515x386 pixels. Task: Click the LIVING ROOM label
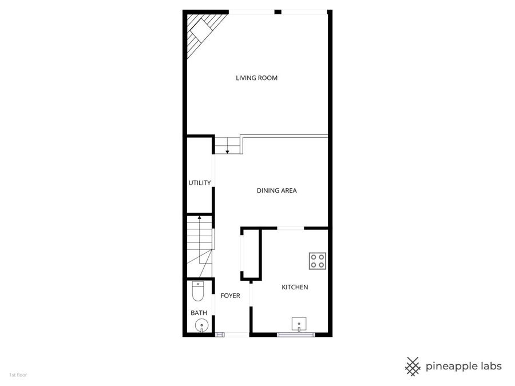(256, 78)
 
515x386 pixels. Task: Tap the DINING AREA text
(276, 191)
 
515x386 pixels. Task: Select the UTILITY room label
(200, 183)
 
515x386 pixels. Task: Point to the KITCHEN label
(295, 287)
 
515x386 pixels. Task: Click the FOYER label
(230, 296)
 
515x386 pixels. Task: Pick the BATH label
(199, 313)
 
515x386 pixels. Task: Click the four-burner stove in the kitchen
(318, 261)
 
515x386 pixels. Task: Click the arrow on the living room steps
(227, 151)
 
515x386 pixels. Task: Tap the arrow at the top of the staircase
(199, 217)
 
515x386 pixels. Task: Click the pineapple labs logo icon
(413, 366)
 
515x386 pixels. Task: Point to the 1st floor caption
(18, 375)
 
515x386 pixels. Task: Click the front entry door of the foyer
(232, 335)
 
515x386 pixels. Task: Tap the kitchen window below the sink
(295, 335)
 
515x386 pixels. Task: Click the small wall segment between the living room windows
(278, 11)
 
